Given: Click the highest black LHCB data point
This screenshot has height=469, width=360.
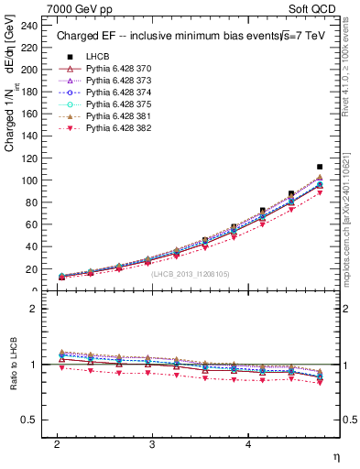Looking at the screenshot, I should pos(319,167).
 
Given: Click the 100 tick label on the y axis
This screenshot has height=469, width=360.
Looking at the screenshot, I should pos(34,180).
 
